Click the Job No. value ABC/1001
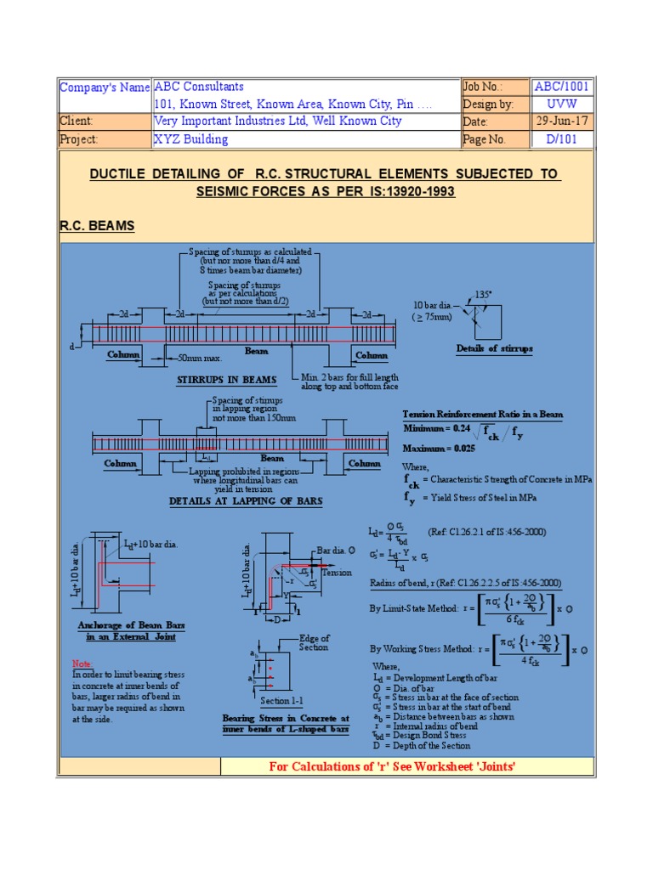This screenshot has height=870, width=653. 561,87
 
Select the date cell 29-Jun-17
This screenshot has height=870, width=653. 561,121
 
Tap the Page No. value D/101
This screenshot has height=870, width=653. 561,139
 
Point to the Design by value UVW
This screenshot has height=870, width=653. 561,105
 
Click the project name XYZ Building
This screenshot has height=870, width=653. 190,139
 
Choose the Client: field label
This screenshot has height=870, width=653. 77,121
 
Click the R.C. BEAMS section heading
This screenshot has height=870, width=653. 96,226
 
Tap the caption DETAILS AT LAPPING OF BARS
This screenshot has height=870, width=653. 246,501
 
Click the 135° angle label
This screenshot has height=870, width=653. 484,293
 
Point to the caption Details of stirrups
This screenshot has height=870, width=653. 493,348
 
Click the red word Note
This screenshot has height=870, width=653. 82,663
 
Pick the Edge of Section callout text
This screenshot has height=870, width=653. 314,642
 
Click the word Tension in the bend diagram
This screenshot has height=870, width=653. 337,573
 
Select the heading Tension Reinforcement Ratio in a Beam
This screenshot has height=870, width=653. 482,415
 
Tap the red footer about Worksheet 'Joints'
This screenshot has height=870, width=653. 392,767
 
